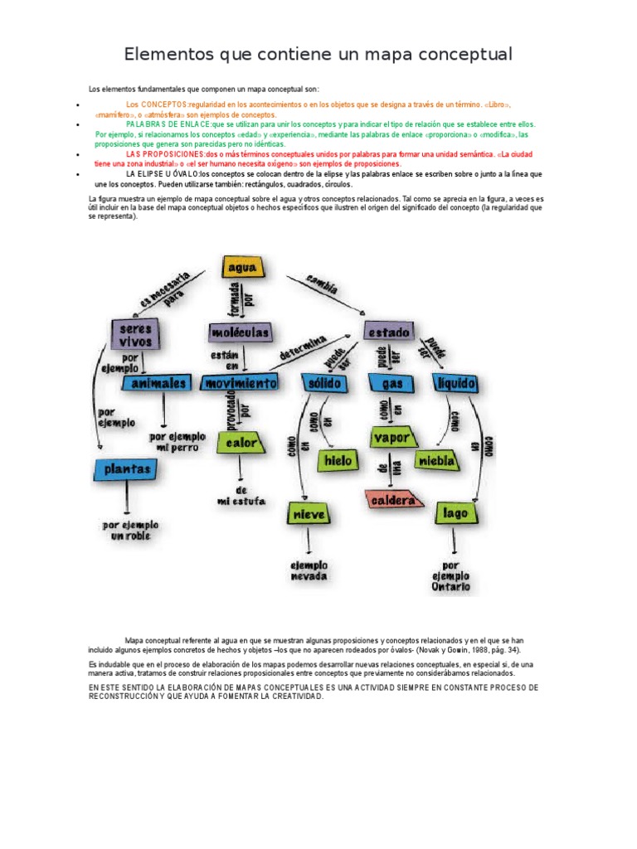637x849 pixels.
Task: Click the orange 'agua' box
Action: [x=242, y=268]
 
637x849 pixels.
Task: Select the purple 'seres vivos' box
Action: [x=135, y=335]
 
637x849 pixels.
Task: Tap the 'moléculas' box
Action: [x=240, y=332]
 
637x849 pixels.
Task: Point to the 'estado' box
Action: [x=389, y=332]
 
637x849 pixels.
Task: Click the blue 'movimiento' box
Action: [x=241, y=384]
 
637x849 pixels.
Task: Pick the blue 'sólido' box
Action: [x=325, y=384]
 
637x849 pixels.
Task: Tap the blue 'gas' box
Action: [x=391, y=385]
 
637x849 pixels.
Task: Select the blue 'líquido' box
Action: [x=455, y=383]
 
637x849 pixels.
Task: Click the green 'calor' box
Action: [x=241, y=443]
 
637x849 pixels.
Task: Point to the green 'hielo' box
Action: [x=338, y=459]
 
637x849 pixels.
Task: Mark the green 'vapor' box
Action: [x=392, y=437]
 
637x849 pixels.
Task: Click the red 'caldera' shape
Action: [x=394, y=501]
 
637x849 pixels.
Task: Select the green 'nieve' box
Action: [x=309, y=514]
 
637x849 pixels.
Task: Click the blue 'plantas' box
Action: [x=127, y=469]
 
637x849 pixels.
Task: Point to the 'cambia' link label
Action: [x=322, y=284]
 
